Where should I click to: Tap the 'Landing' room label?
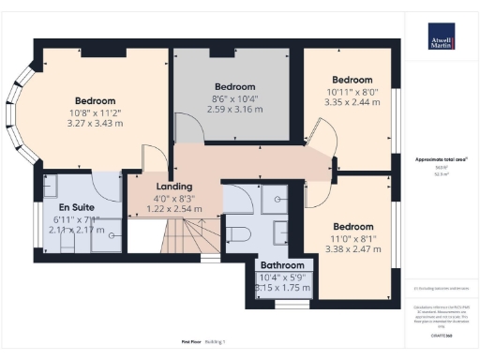click(148, 187)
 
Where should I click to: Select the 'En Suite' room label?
click(75, 206)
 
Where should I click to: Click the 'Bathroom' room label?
click(281, 265)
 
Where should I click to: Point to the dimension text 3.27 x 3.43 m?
click(95, 123)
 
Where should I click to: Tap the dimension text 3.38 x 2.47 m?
click(352, 250)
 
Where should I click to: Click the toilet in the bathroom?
click(238, 232)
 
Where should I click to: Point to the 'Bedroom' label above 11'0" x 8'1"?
click(352, 226)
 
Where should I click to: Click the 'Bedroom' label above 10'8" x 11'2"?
click(95, 100)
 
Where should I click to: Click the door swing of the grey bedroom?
click(186, 131)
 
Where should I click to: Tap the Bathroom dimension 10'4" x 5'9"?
click(281, 277)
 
